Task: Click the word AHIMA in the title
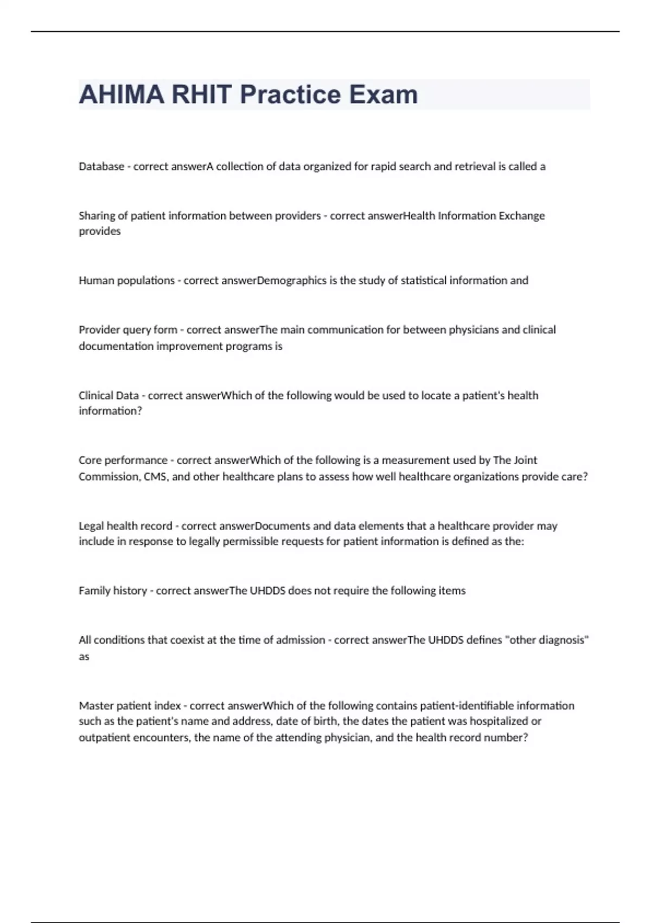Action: point(122,94)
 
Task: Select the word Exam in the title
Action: point(383,94)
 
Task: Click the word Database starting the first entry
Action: point(101,167)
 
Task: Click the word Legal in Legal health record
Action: point(91,526)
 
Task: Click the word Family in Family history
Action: point(94,591)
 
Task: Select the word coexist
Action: point(194,640)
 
